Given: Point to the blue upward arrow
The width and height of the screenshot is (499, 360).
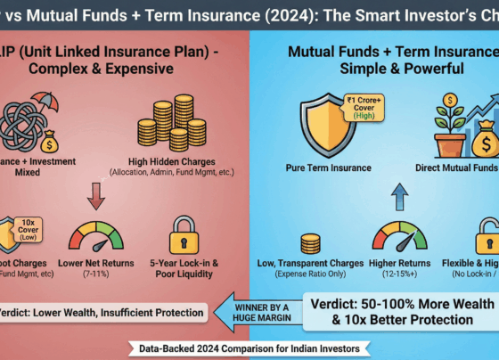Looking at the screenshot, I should coord(375,197).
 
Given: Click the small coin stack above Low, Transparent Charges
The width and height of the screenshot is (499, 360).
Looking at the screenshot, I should coord(311,243).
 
